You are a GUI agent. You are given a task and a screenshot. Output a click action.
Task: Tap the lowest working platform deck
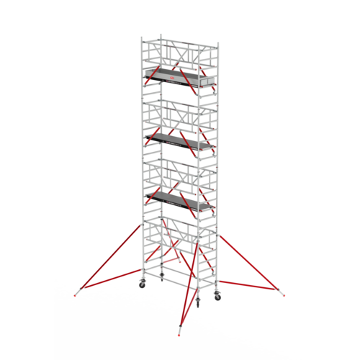pyautogui.click(x=173, y=196)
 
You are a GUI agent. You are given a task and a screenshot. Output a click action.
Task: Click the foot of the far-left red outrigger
pyautogui.click(x=77, y=293)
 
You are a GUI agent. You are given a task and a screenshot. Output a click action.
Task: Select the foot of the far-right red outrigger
pyautogui.click(x=283, y=293)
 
